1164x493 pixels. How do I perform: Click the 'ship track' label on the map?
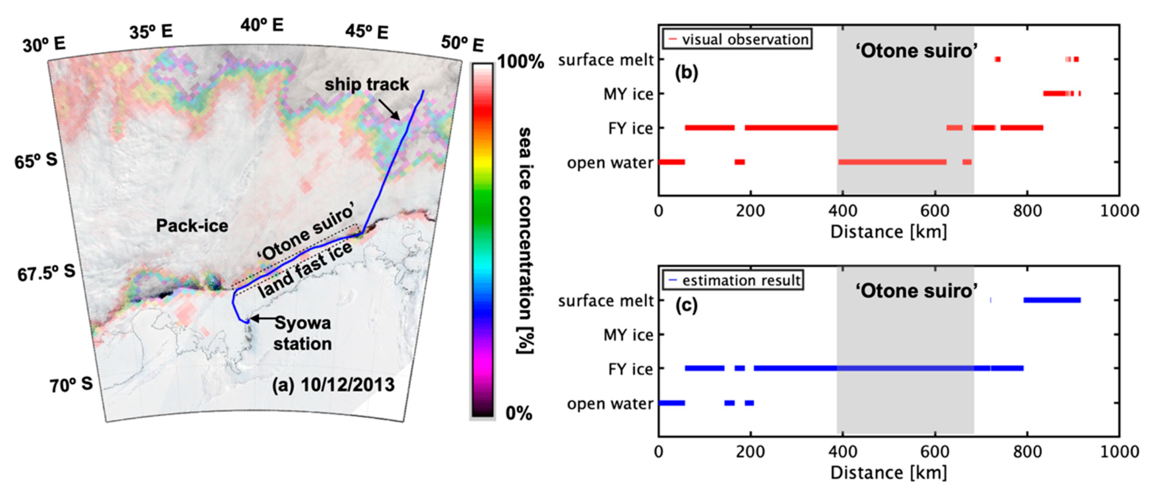coord(366,85)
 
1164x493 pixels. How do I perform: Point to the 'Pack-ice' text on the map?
coord(192,225)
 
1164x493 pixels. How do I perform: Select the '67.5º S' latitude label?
coord(46,273)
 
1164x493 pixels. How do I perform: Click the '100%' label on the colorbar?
coord(520,61)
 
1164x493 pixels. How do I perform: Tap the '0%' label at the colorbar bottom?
coord(519,413)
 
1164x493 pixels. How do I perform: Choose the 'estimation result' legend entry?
coord(741,281)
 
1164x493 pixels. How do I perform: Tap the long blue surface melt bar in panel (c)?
coord(1051,300)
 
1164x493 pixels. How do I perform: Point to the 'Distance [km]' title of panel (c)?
coord(889,473)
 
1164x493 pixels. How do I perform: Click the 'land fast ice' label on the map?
coord(305,270)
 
